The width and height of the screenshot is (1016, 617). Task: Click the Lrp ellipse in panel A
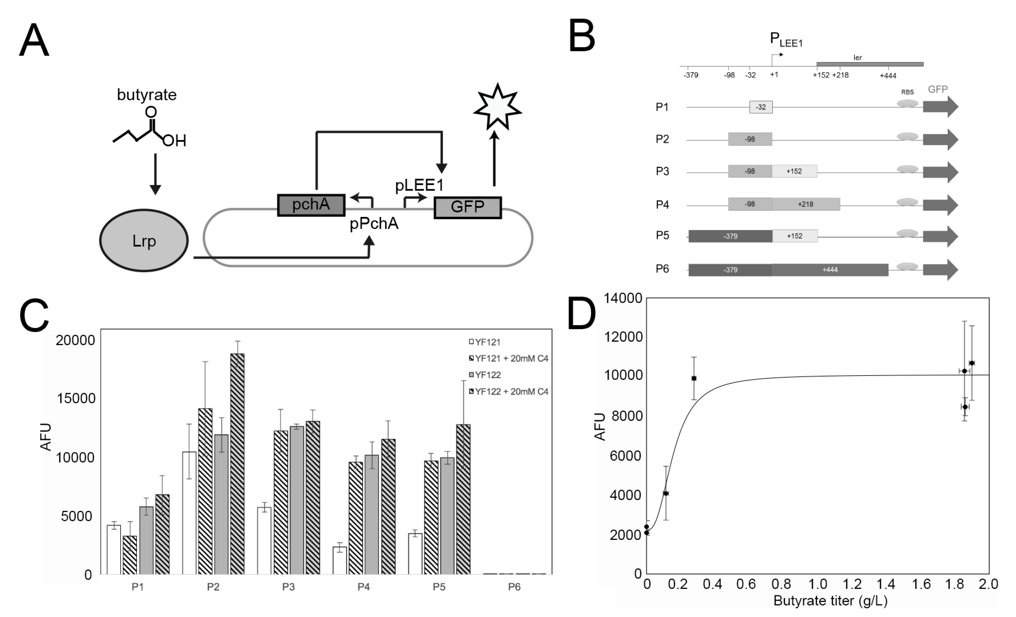(144, 241)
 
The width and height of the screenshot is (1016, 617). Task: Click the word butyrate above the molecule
(147, 95)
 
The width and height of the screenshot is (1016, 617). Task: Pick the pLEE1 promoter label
(419, 185)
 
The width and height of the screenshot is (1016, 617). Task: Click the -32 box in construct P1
(761, 107)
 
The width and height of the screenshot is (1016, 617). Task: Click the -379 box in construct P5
(730, 236)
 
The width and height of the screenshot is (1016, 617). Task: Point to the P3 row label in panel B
(662, 171)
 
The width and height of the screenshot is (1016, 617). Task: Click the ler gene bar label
(857, 58)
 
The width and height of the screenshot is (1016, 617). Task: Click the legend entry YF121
(487, 342)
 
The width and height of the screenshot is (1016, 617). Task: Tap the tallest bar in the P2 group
(237, 464)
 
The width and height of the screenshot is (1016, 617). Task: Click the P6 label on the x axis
(514, 587)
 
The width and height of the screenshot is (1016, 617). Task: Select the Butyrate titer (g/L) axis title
(830, 600)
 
